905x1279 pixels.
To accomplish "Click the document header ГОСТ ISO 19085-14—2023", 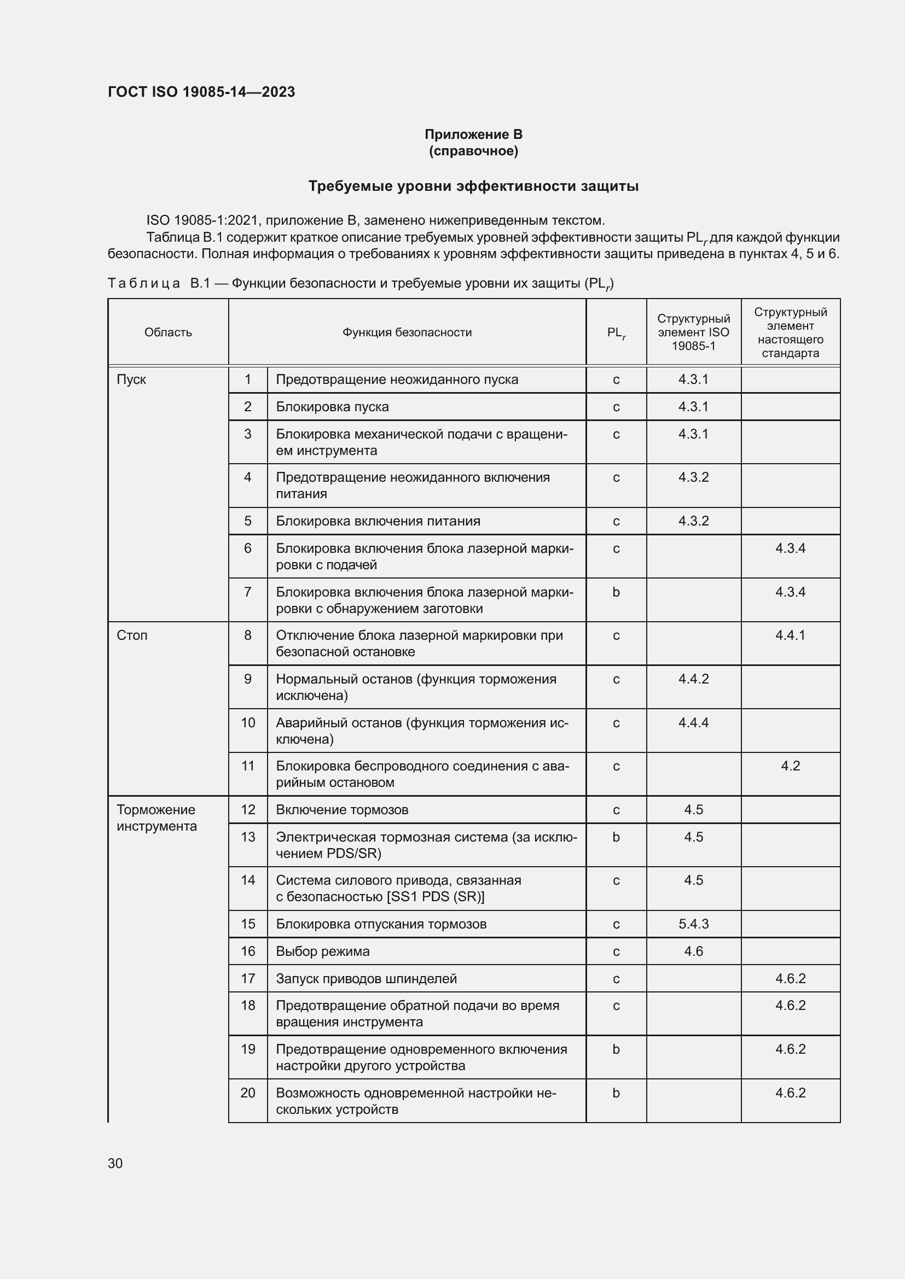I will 201,92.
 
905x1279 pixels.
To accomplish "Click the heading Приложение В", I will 473,135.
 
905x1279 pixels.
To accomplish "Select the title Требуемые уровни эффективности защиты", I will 473,186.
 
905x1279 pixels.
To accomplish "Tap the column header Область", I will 168,332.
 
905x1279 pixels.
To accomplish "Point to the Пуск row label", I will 131,379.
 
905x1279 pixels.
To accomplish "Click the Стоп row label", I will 132,635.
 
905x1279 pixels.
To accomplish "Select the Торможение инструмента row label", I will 156,817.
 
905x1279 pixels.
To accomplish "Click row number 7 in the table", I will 247,592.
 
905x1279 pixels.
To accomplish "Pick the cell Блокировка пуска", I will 332,407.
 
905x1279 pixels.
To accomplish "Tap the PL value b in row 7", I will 616,592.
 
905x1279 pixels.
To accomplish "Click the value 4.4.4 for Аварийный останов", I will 693,722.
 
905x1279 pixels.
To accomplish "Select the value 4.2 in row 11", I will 790,766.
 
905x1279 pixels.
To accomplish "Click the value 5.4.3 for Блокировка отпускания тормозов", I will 693,924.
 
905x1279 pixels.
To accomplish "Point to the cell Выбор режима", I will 323,951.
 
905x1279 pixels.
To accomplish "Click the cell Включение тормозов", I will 341,810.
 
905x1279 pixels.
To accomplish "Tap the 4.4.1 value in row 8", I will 790,635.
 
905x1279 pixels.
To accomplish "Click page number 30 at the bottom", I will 115,1163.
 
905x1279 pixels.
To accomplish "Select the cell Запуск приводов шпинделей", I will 366,979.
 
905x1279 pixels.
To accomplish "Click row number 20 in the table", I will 247,1093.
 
